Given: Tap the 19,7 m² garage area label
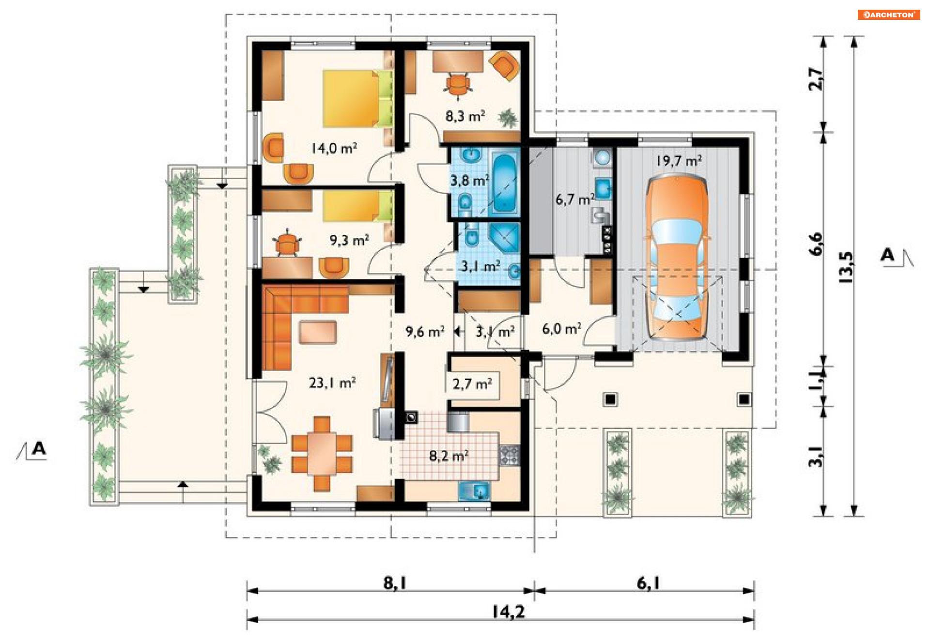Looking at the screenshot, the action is click(x=679, y=161).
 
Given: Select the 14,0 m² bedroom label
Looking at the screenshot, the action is click(x=334, y=148).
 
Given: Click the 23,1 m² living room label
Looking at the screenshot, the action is click(x=332, y=383).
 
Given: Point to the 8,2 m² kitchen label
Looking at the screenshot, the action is click(x=449, y=456).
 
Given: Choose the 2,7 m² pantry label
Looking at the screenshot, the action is click(x=472, y=384).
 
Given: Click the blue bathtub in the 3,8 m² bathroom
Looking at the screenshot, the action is click(x=504, y=184).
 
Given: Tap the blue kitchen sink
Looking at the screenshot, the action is click(x=474, y=491).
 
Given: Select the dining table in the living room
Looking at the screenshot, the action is click(x=322, y=453).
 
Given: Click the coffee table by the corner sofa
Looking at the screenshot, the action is click(x=318, y=332).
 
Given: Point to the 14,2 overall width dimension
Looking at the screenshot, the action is click(x=509, y=612).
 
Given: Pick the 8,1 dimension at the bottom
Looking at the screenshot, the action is click(x=395, y=583).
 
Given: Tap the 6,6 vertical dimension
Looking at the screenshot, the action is click(x=816, y=244).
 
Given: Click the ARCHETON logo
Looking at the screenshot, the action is click(x=889, y=15).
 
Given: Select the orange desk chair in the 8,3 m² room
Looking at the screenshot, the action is click(x=457, y=86).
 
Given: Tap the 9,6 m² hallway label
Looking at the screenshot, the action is click(x=425, y=332).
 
